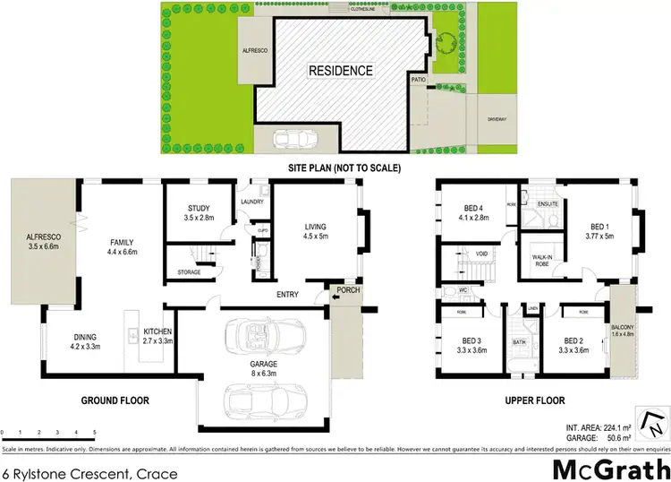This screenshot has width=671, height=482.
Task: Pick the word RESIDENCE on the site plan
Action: click(341, 70)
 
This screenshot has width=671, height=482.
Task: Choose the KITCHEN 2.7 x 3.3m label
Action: click(157, 336)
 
